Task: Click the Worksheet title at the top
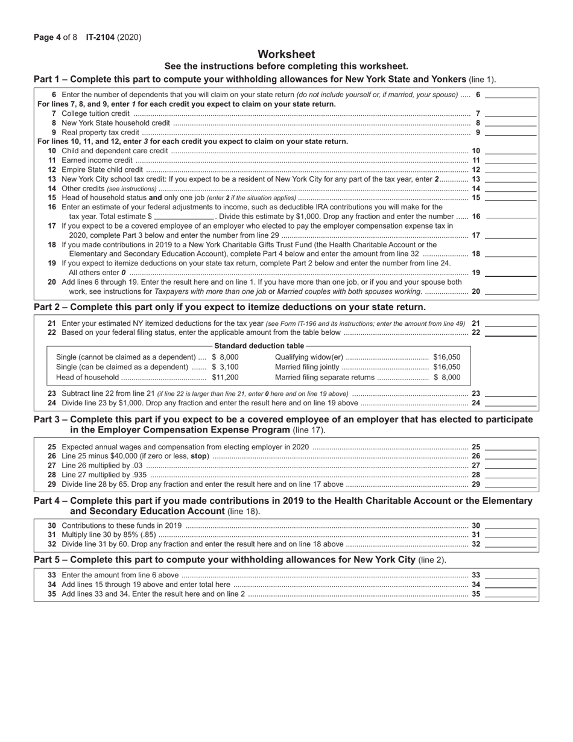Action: [286, 54]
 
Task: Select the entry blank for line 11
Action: [510, 160]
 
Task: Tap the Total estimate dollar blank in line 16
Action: [185, 216]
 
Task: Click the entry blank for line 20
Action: [510, 291]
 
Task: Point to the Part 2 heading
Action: [229, 307]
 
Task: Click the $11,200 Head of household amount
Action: [225, 377]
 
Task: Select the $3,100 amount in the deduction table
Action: [225, 367]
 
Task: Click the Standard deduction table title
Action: [259, 346]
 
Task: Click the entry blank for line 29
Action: [510, 484]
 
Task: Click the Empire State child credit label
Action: [102, 170]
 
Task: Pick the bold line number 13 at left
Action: [52, 179]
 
